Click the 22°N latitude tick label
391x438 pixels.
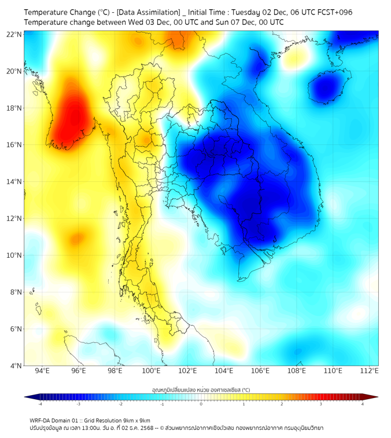pos(14,34)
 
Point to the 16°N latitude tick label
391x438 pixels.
pos(14,145)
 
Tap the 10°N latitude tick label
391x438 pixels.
pos(14,256)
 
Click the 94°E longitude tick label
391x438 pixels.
pos(42,371)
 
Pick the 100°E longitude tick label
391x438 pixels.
pos(151,371)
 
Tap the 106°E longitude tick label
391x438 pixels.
pos(260,371)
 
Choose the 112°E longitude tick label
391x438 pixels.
pos(369,371)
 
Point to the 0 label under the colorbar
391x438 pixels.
pos(201,403)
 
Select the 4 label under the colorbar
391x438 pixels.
pos(363,403)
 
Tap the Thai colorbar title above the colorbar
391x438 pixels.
pos(201,389)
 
